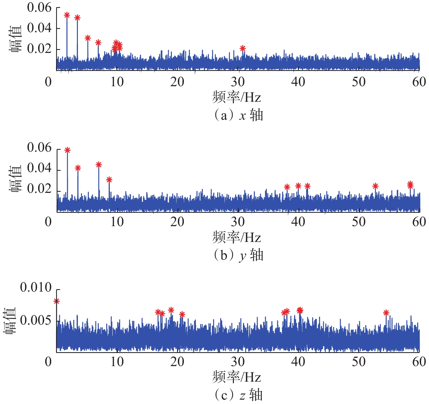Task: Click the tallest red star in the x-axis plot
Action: coord(67,15)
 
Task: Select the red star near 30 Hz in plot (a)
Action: coord(243,49)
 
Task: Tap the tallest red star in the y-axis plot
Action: coord(68,150)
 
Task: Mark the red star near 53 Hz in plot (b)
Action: coord(375,186)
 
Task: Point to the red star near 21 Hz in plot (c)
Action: coord(182,315)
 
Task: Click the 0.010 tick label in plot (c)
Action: coord(36,288)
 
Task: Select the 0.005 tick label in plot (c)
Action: coord(36,320)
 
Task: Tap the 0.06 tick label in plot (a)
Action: coord(39,8)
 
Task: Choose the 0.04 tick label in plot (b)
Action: coord(39,168)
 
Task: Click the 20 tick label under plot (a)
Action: coord(177,82)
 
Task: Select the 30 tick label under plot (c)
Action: coord(238,362)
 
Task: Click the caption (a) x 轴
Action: coord(238,115)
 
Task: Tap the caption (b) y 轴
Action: coord(238,255)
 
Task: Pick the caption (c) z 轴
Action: coord(238,395)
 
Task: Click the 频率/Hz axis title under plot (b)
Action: coord(236,237)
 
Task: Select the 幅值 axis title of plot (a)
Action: coord(16,39)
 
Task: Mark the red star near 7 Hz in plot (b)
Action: coord(99,165)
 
